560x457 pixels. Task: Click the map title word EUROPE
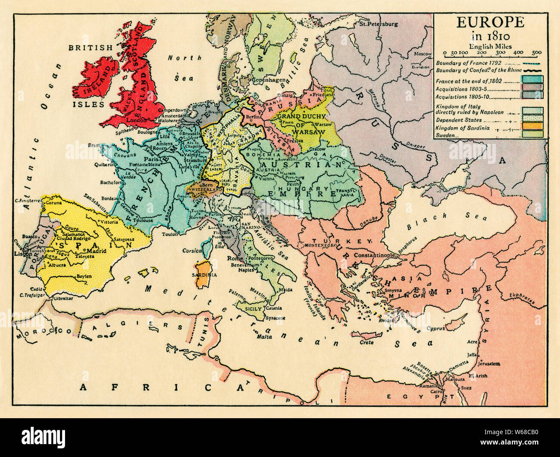(491, 23)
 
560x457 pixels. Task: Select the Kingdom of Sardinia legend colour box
(532, 126)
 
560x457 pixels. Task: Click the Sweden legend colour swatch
(532, 134)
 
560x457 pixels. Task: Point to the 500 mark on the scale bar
(536, 53)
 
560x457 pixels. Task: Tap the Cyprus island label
(448, 329)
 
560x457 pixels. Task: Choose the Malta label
(264, 337)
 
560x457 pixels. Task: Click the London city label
(137, 121)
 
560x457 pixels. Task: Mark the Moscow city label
(422, 54)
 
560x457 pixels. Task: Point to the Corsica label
(193, 250)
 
